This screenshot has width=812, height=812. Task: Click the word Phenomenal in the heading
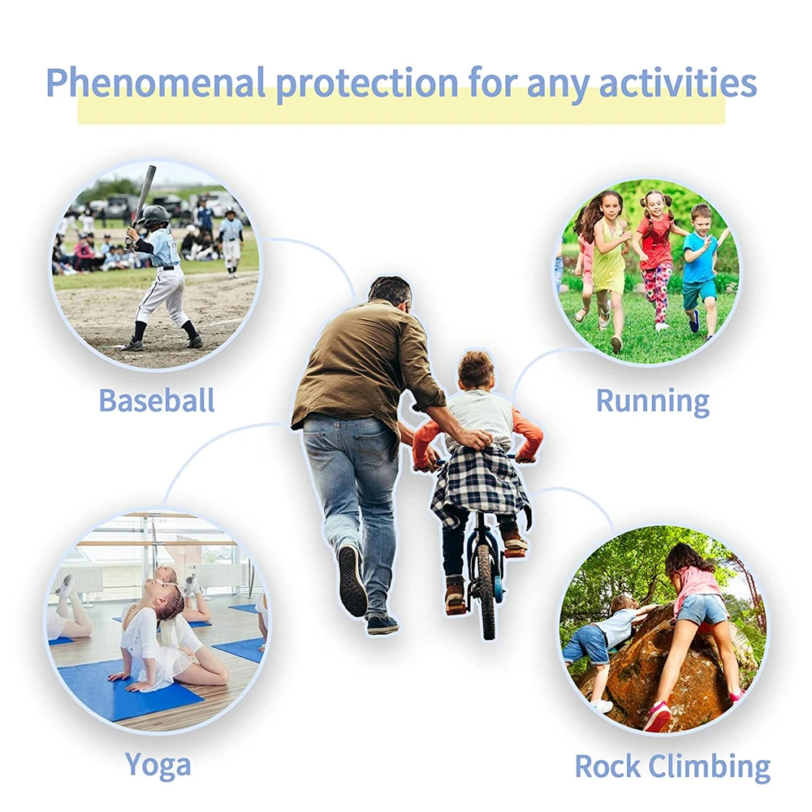pos(155,83)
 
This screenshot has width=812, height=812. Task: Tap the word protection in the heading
pos(367,84)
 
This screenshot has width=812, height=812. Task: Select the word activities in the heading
pos(677,83)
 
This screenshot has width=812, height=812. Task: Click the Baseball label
pos(157,400)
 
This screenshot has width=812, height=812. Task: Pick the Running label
pos(653,401)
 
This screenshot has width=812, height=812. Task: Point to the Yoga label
pos(158,766)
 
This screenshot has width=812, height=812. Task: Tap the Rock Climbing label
pos(672,767)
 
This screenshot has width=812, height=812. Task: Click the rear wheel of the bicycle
pos(486,590)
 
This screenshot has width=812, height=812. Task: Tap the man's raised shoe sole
pos(352,580)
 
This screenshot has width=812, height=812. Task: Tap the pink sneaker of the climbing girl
pos(658,716)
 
